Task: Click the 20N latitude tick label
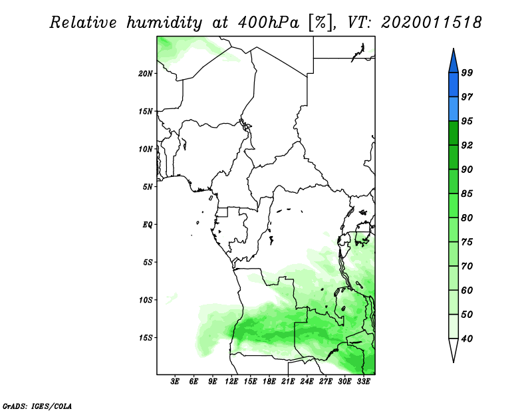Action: tap(146, 74)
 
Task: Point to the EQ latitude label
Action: tap(148, 225)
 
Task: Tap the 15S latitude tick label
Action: tap(146, 338)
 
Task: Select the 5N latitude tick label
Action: tap(148, 187)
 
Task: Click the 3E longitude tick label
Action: tap(175, 382)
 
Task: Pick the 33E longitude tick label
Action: tap(363, 382)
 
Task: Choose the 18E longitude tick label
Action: tap(269, 382)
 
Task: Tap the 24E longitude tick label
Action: tap(307, 382)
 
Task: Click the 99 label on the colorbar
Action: tap(467, 72)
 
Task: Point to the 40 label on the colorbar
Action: tap(467, 339)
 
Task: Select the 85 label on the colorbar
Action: tap(467, 194)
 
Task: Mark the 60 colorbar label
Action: tap(467, 291)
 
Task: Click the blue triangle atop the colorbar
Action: tap(454, 62)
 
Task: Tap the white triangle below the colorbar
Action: tap(454, 349)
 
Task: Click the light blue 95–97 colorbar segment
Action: tap(454, 109)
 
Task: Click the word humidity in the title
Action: tap(164, 23)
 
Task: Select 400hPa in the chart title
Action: tap(268, 23)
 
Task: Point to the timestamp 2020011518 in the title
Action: tap(432, 23)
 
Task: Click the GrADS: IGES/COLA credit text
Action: tap(37, 406)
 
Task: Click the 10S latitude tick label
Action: tap(146, 300)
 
